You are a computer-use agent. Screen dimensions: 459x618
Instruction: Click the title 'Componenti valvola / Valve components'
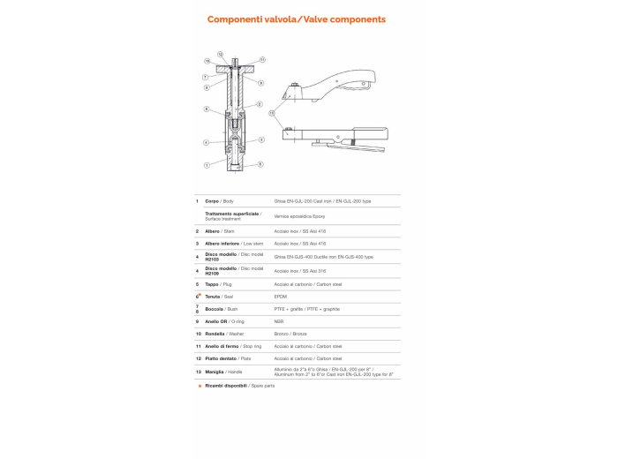pos(296,19)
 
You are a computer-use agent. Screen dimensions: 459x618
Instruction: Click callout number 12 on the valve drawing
pos(220,55)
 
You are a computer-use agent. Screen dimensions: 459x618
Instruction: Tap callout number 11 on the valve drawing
pos(262,60)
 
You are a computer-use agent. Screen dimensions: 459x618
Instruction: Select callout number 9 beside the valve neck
pos(260,83)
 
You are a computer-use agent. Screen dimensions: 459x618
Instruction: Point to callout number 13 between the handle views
pos(272,113)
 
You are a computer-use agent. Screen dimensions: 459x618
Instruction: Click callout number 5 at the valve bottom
pos(260,164)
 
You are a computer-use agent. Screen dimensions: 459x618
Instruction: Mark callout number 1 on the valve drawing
pos(207,165)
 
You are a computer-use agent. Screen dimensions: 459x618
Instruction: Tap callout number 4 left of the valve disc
pos(207,142)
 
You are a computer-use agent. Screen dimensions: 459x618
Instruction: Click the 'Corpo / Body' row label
pos(219,201)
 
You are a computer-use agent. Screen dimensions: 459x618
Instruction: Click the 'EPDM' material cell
pos(282,297)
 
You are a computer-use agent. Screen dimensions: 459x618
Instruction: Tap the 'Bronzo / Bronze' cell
pos(291,334)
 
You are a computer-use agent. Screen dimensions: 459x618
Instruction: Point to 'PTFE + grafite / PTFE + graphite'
pos(306,309)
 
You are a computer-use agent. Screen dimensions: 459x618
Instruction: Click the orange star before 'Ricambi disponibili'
pos(200,386)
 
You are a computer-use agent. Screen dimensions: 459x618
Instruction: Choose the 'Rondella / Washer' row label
pos(221,334)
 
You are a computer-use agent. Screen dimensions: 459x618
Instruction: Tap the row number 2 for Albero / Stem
pos(197,230)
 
